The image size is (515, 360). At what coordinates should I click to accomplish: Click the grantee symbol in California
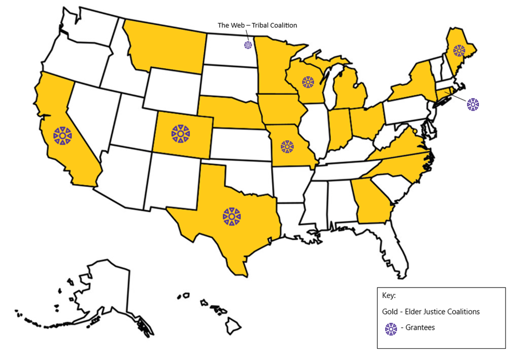(x=63, y=136)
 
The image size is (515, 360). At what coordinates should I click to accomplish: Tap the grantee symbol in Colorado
(x=181, y=133)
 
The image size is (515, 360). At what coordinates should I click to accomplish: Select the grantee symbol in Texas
(x=232, y=215)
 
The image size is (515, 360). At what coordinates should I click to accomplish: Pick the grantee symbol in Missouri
(x=287, y=147)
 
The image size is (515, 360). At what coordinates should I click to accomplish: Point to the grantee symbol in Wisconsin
(x=308, y=82)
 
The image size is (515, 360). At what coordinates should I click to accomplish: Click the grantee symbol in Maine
(x=459, y=50)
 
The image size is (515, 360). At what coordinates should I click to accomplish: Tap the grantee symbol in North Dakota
(x=248, y=45)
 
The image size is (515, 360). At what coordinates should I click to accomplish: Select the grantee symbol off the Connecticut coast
(x=473, y=104)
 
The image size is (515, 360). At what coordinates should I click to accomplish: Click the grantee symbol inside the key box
(x=391, y=328)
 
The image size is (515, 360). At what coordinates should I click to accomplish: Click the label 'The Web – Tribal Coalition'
(x=257, y=25)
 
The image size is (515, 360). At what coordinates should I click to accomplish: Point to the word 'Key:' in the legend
(x=389, y=295)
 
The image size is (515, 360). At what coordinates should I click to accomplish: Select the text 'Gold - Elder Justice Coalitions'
(x=431, y=311)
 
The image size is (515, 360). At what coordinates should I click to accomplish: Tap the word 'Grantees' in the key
(x=420, y=328)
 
